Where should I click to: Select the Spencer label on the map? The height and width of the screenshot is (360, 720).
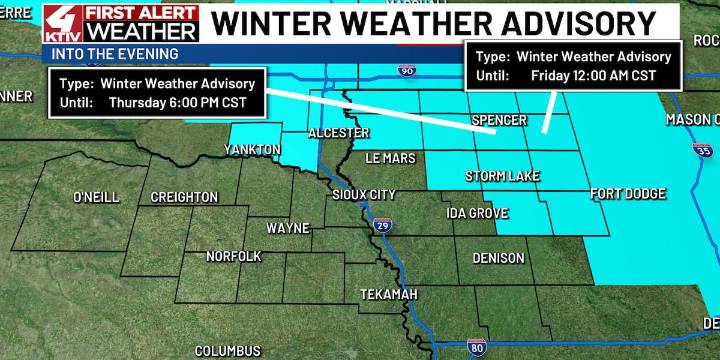click(x=498, y=121)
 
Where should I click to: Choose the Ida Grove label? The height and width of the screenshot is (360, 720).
click(x=477, y=214)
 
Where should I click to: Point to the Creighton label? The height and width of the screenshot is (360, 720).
click(x=184, y=197)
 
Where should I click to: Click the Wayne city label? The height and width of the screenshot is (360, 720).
click(x=287, y=228)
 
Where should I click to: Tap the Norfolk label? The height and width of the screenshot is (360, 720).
click(x=233, y=257)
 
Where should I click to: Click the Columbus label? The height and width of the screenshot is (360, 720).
click(x=227, y=351)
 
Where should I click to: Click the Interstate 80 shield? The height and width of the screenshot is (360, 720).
click(x=478, y=347)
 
